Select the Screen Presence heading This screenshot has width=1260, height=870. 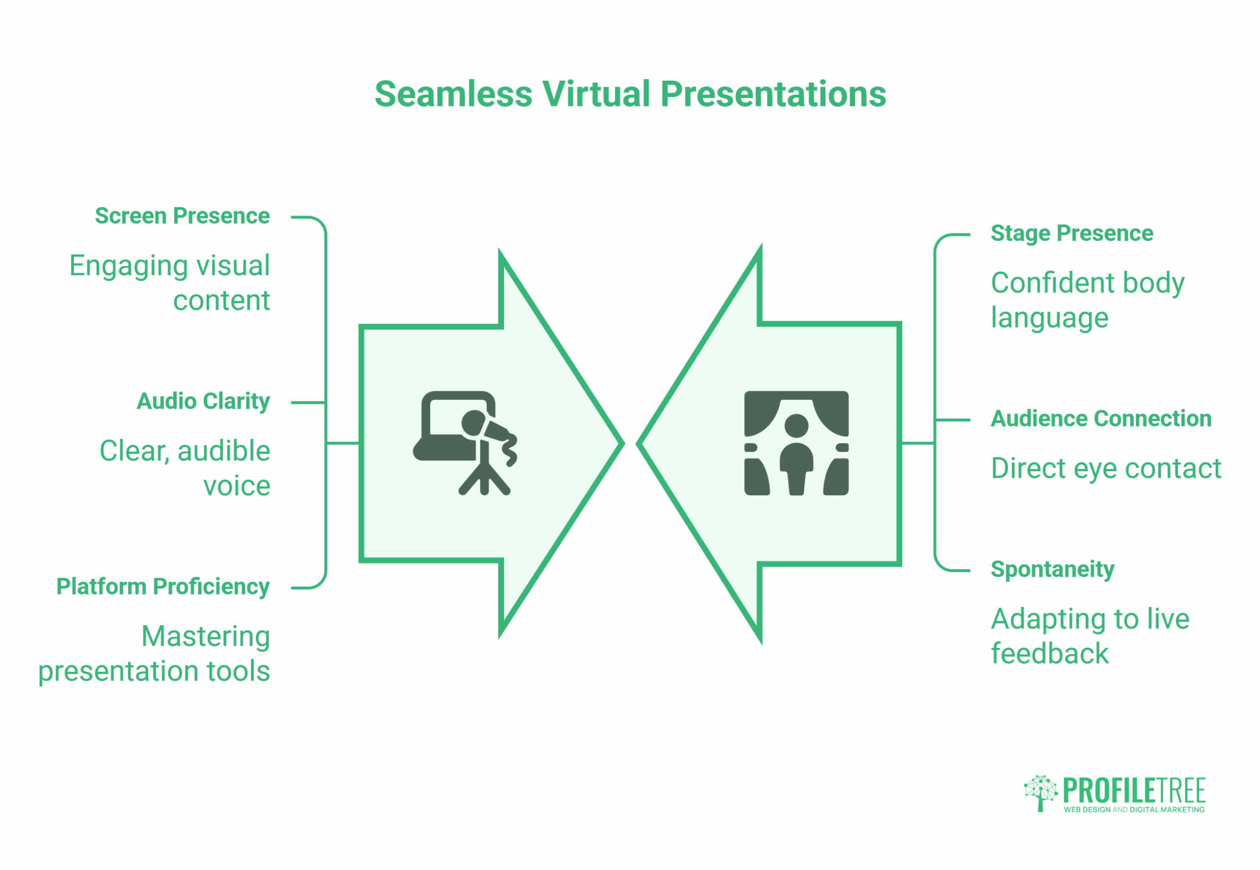point(182,216)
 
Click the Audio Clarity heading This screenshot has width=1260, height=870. point(203,401)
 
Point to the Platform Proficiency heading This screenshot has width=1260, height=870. point(163,586)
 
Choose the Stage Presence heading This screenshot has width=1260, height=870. point(1071,233)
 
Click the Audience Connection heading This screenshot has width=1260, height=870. point(1101,419)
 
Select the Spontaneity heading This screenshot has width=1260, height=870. point(1052,570)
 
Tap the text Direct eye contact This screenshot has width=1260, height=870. point(1105,468)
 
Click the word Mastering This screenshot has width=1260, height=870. point(205,636)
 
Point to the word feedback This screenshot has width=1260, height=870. point(1049,653)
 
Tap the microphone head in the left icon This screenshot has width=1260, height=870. point(473,423)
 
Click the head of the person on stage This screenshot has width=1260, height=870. point(796,425)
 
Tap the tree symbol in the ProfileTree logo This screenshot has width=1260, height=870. point(1040,793)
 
